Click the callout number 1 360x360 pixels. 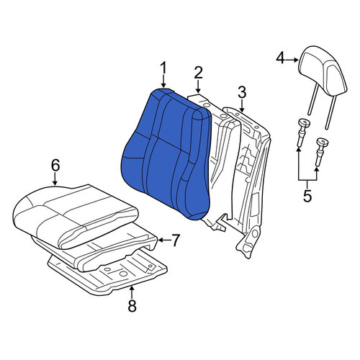163,68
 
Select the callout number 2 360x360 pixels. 198,73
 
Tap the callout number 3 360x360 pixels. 242,92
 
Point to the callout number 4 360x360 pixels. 281,59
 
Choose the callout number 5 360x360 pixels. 307,196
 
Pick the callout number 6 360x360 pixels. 55,166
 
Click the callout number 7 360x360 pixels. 175,240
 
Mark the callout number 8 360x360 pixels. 132,305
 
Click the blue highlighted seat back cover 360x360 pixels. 166,153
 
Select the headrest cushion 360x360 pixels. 323,70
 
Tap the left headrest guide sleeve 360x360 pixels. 303,132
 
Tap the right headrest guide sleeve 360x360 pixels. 322,151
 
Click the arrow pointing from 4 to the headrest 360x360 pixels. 292,60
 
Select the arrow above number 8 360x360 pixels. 132,292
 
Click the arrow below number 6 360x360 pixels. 55,179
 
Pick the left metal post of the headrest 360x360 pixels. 313,99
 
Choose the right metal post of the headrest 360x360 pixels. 330,112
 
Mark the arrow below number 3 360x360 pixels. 242,106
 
